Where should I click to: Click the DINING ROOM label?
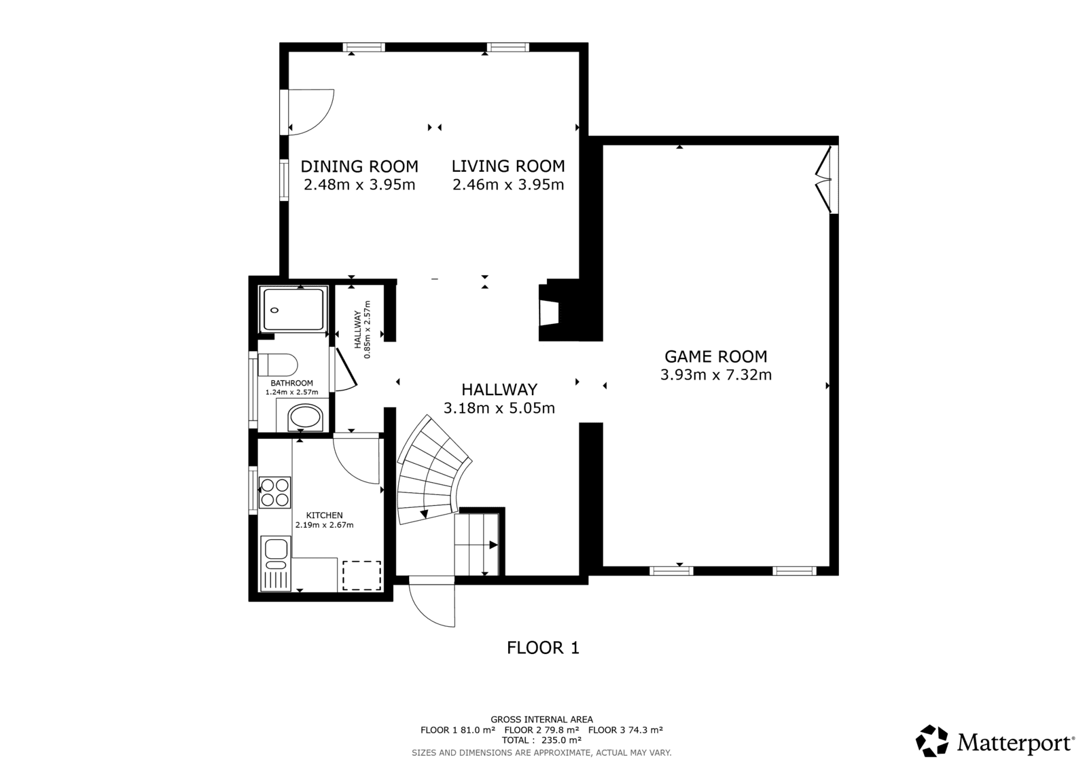coord(359,166)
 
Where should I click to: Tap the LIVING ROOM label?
coord(508,166)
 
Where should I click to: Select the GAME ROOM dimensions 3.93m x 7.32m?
coord(716,375)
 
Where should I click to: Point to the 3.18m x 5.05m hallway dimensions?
coord(499,408)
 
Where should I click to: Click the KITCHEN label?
coord(324,515)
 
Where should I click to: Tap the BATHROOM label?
coord(291,383)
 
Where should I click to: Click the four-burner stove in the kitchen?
coord(274,492)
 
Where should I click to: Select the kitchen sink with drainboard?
coord(275,563)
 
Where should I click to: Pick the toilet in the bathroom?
coord(278,365)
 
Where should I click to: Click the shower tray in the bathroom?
coord(293,309)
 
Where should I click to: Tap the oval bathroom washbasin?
coord(304,418)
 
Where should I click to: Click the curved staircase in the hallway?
coord(429,471)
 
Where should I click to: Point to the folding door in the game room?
coord(824,179)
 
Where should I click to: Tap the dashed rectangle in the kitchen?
coord(361,576)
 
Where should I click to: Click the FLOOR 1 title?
coord(543,648)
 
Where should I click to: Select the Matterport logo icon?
coord(931,741)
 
